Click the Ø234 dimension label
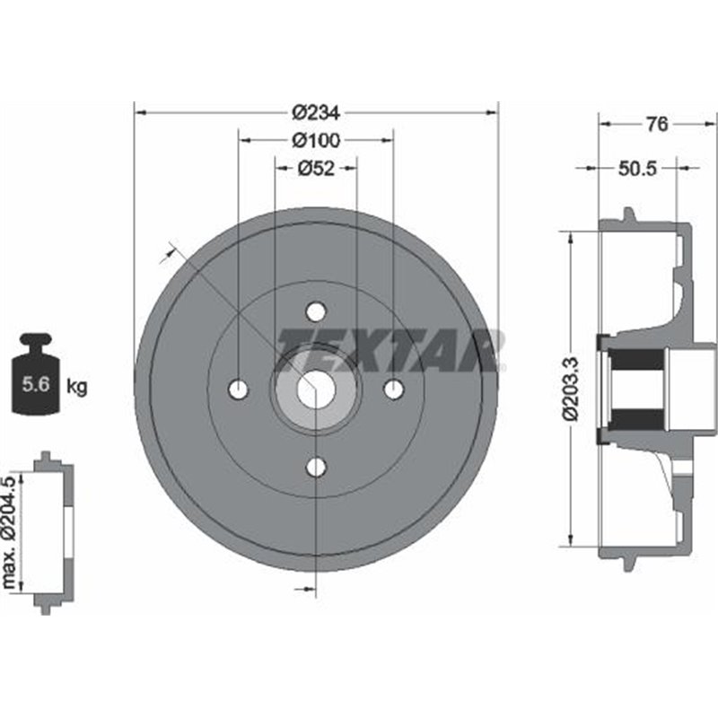tap(316, 113)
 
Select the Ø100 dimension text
tap(317, 140)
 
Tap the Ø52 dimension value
tap(317, 169)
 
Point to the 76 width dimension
tap(657, 124)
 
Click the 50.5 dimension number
tap(638, 169)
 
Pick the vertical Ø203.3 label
tap(571, 389)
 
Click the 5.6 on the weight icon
tap(36, 384)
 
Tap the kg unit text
tap(76, 388)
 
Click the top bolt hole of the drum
tap(316, 311)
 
